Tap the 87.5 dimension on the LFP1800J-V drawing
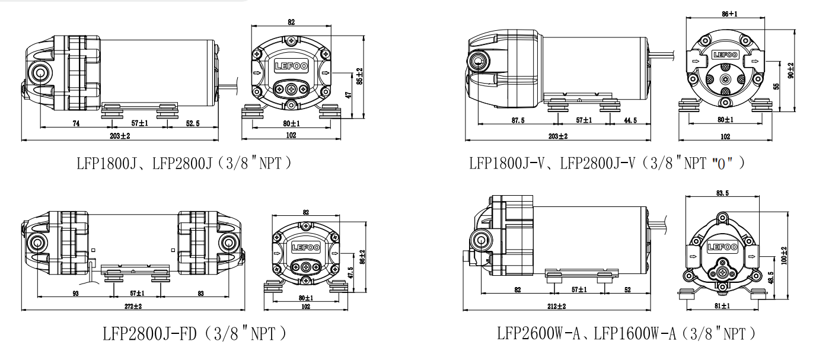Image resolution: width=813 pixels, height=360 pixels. [x=518, y=120]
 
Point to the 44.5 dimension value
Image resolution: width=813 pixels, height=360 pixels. [x=630, y=120]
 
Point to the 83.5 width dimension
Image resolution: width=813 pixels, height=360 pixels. [x=722, y=193]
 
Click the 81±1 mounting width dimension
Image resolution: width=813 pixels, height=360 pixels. [x=722, y=306]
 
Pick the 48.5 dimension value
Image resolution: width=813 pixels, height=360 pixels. [x=770, y=278]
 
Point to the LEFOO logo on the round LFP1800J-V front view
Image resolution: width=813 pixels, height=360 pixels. [x=725, y=55]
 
